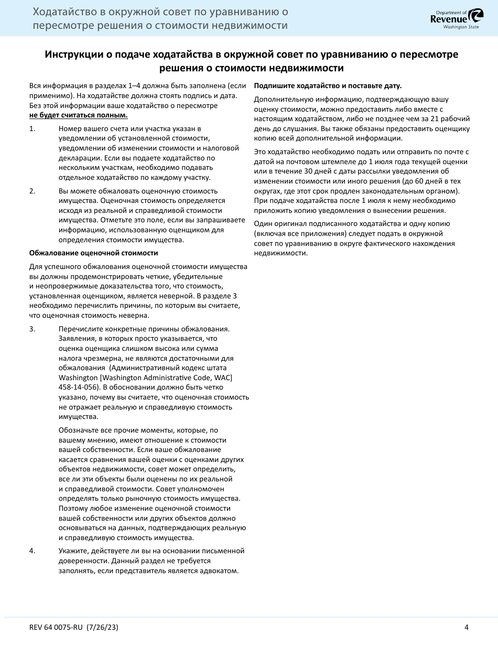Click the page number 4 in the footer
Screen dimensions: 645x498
pyautogui.click(x=466, y=628)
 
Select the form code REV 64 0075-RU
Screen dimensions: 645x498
pyautogui.click(x=58, y=628)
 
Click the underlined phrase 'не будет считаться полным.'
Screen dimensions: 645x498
pyautogui.click(x=78, y=115)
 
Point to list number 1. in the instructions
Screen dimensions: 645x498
pyautogui.click(x=32, y=128)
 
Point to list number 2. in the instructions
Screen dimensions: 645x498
pyautogui.click(x=32, y=191)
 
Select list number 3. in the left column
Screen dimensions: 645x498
pyautogui.click(x=32, y=329)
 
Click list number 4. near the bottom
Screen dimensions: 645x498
pyautogui.click(x=32, y=551)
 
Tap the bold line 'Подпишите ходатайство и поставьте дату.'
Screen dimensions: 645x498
pyautogui.click(x=328, y=85)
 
